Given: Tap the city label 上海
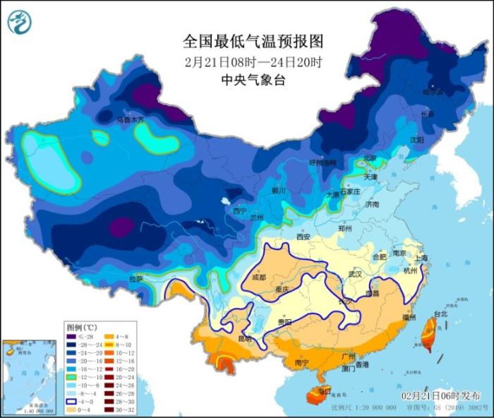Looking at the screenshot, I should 421,258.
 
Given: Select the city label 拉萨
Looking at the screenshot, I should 137,279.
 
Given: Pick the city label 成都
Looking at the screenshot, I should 258,277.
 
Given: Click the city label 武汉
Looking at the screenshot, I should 354,273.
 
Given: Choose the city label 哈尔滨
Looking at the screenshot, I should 433,92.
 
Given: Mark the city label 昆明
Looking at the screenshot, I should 244,339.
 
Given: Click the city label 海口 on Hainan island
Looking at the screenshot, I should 325,390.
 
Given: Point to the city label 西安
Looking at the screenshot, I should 303,237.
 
